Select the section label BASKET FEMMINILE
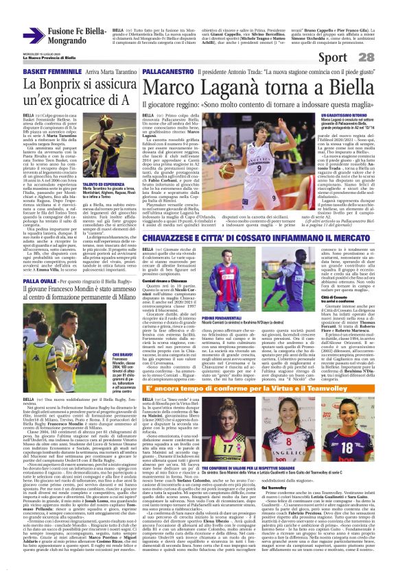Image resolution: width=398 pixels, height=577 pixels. click(x=32, y=71)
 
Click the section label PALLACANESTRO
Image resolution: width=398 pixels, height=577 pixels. click(x=168, y=71)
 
